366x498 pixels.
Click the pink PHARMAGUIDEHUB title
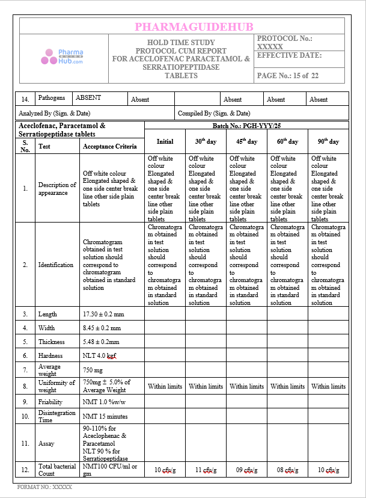point(194,26)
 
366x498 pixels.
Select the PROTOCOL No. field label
point(284,38)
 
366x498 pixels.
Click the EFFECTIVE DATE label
point(289,55)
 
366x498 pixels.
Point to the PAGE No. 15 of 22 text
point(287,76)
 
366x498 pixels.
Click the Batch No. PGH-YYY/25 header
point(246,126)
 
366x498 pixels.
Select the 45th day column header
point(246,142)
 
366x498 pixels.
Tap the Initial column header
point(165,142)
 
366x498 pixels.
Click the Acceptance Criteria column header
point(110,146)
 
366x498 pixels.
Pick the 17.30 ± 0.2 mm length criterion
point(103,314)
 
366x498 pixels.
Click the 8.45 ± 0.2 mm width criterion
point(102,328)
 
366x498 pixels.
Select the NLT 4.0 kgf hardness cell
point(99,355)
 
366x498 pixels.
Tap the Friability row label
point(51,401)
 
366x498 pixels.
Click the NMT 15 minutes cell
point(105,416)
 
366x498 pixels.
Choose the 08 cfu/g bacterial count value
point(287,470)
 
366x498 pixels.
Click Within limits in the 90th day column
point(328,386)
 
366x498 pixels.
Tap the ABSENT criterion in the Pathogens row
point(88,97)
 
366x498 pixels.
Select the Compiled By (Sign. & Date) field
point(214,113)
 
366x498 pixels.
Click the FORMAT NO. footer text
point(44,487)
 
